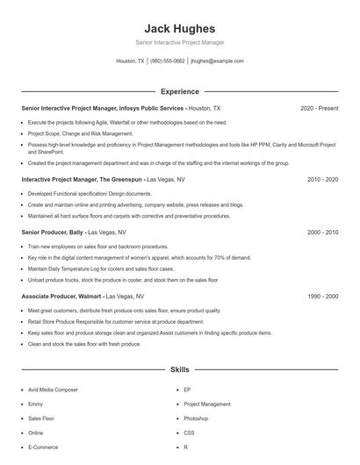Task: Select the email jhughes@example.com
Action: pyautogui.click(x=217, y=61)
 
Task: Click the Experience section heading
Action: pyautogui.click(x=179, y=91)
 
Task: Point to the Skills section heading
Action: pyautogui.click(x=179, y=370)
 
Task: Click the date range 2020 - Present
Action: pyautogui.click(x=319, y=108)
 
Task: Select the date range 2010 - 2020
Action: pyautogui.click(x=322, y=178)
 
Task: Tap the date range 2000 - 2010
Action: pyautogui.click(x=322, y=232)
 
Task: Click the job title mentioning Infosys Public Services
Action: pyautogui.click(x=103, y=108)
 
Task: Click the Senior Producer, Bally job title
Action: pyautogui.click(x=55, y=232)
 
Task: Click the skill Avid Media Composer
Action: pyautogui.click(x=53, y=389)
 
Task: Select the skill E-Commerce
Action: pyautogui.click(x=43, y=447)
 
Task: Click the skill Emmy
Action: pyautogui.click(x=36, y=404)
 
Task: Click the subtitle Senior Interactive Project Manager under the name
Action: pyautogui.click(x=179, y=42)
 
